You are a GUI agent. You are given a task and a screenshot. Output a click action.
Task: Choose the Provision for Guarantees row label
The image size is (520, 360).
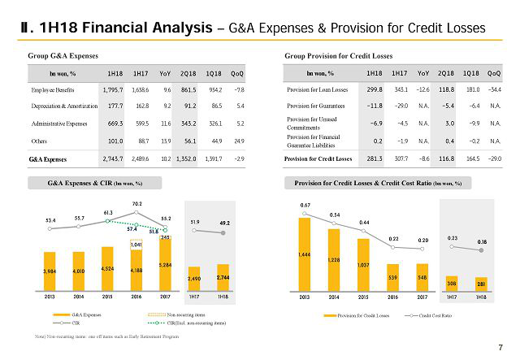tap(320, 106)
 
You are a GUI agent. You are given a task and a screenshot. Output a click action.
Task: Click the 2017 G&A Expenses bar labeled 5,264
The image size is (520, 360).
tap(165, 265)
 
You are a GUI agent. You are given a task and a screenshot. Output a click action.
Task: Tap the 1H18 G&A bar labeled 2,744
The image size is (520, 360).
tap(224, 278)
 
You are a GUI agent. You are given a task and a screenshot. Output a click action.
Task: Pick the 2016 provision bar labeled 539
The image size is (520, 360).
tap(392, 277)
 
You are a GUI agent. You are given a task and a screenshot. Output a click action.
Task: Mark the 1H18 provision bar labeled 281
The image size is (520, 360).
tap(481, 284)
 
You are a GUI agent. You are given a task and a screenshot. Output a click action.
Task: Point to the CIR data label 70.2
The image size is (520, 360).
tap(136, 203)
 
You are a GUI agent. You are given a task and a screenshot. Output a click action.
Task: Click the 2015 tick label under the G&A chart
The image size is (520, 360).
tap(107, 297)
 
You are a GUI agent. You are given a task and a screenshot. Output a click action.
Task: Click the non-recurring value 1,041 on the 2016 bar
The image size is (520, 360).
tap(136, 244)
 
